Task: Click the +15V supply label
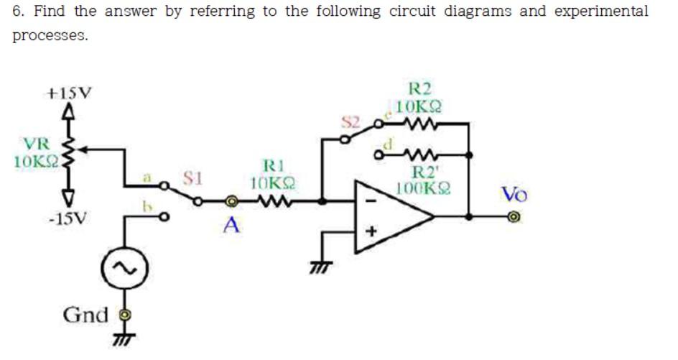pos(69,93)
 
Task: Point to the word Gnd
pos(85,315)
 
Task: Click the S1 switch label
pos(191,175)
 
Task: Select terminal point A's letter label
pos(231,226)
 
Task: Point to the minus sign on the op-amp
pos(371,201)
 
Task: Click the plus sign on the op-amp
pos(372,233)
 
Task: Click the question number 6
pos(19,12)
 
